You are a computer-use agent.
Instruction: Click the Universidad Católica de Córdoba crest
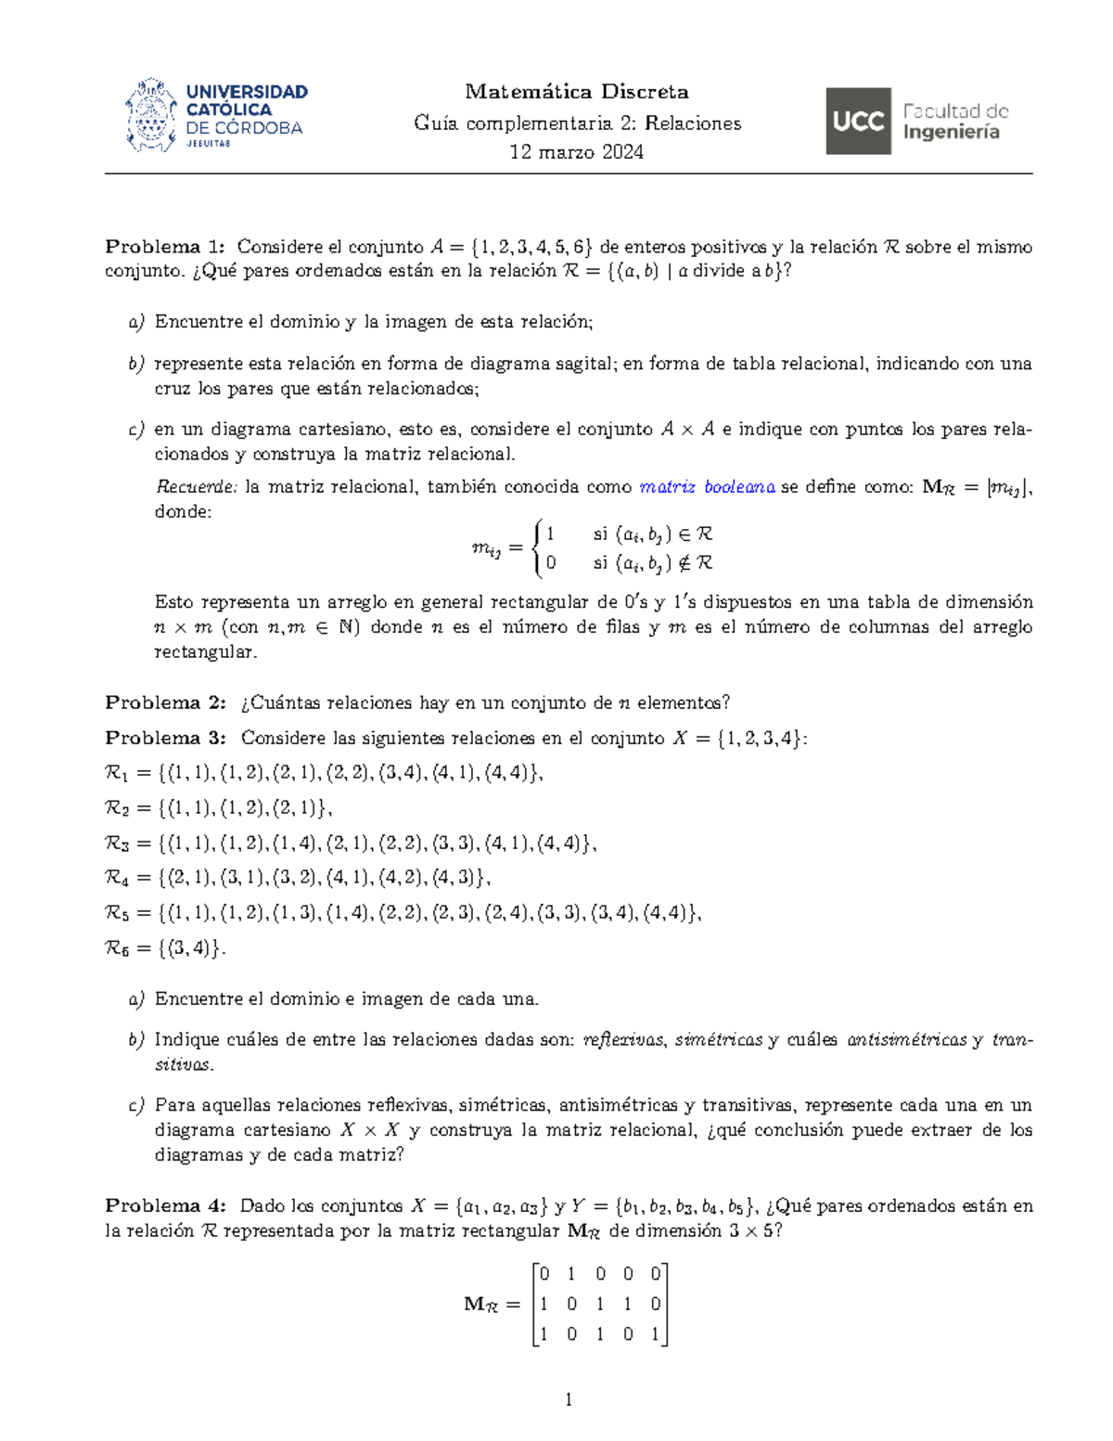(150, 116)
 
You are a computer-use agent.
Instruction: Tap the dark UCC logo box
(858, 122)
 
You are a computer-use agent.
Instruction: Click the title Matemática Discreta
(576, 92)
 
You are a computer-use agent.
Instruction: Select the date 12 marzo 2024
(576, 152)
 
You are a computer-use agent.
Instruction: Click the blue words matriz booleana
(707, 487)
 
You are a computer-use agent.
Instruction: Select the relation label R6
(117, 948)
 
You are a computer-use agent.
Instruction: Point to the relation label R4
(117, 878)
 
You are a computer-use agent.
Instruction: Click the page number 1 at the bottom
(569, 1400)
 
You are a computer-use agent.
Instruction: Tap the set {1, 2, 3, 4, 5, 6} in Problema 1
(531, 247)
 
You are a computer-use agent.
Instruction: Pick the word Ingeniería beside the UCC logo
(951, 133)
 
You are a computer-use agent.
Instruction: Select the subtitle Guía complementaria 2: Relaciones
(577, 123)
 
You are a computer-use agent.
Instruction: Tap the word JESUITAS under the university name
(209, 144)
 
